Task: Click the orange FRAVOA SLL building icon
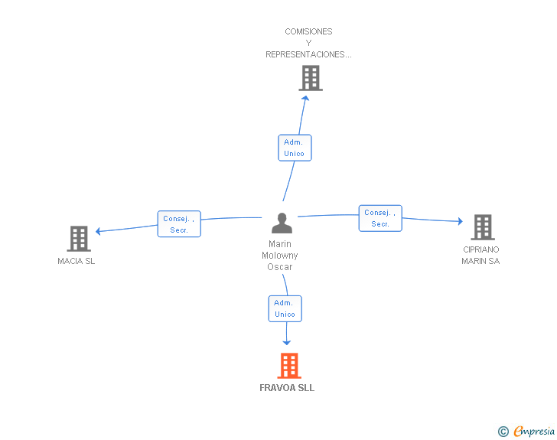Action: (288, 366)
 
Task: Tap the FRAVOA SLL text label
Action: (287, 388)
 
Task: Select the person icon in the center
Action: (282, 223)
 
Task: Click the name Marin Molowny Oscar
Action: (279, 256)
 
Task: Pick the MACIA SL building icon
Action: (79, 239)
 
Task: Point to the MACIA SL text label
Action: (77, 261)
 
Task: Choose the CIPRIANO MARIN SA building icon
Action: (483, 227)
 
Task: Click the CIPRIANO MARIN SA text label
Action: (480, 256)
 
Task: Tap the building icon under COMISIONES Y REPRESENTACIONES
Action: (310, 78)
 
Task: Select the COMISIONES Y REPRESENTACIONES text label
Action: (308, 43)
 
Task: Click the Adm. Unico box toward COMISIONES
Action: (294, 148)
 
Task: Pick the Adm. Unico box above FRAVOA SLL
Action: (285, 308)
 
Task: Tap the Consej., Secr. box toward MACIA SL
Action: (179, 224)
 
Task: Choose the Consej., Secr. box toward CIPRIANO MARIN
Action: (380, 218)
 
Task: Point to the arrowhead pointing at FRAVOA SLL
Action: (287, 342)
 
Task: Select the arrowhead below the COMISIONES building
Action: (305, 97)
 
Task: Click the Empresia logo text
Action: (534, 432)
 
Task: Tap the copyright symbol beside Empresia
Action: (503, 432)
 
